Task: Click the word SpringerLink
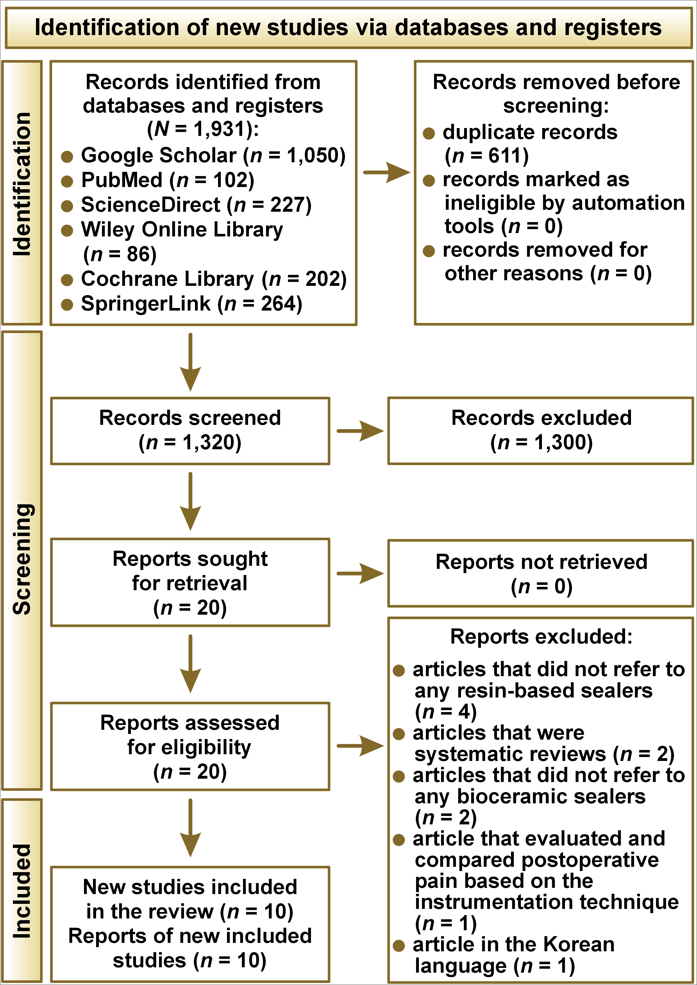tap(146, 304)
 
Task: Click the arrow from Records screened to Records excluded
tap(360, 431)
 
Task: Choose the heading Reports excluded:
tap(541, 637)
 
